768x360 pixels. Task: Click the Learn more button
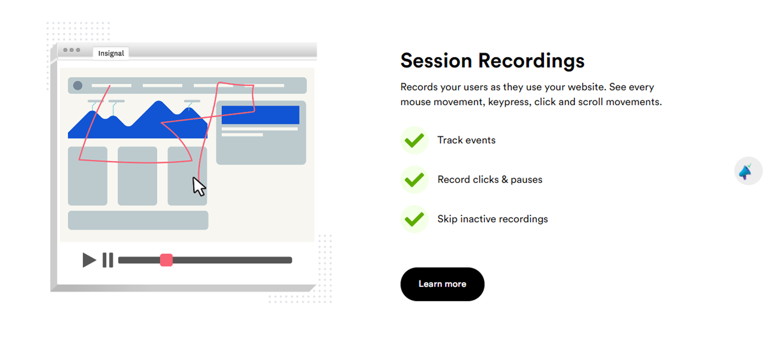tap(442, 284)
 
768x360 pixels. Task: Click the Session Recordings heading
tap(493, 61)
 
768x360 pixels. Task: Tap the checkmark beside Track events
tap(414, 140)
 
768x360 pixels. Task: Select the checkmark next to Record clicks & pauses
tap(414, 180)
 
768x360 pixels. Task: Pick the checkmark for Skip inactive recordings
tap(414, 219)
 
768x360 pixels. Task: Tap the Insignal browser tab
tap(111, 53)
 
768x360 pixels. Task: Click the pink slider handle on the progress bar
tap(166, 260)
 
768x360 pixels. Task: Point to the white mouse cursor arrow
tap(198, 187)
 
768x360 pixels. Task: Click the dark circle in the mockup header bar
tap(78, 86)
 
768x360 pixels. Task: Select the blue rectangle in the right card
tap(260, 115)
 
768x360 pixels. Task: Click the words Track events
tap(466, 140)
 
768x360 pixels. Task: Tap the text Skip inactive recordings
tap(493, 219)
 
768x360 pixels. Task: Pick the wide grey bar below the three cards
tap(138, 220)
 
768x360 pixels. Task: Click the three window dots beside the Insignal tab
tap(72, 50)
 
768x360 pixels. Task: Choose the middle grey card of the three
tap(138, 176)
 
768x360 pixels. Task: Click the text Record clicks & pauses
tap(490, 180)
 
